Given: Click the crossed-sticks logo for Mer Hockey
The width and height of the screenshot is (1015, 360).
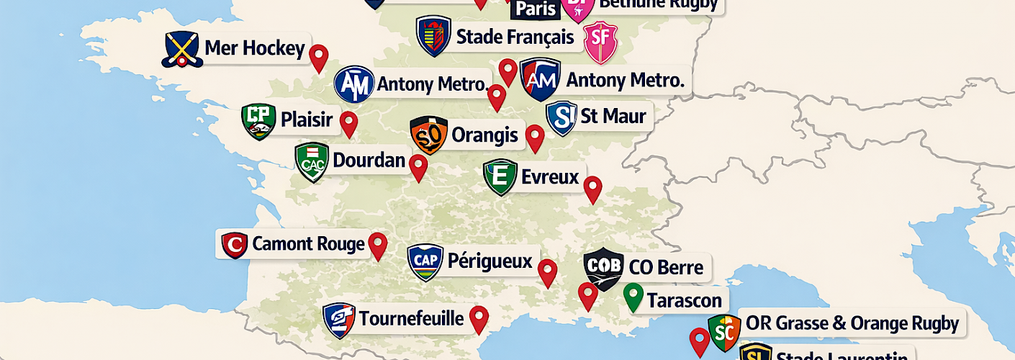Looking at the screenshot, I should coord(181,50).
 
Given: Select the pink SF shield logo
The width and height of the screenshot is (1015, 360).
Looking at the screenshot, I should coord(600,42).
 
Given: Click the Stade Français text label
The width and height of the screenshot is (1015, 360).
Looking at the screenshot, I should coord(515,37).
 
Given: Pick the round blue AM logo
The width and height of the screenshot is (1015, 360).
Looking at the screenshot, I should coord(354,84).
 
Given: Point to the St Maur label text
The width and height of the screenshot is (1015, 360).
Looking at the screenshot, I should coord(613,116).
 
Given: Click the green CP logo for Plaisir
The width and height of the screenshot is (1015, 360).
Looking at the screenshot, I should coord(258,121).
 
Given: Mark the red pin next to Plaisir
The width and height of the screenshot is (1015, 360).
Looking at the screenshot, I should coord(349,123).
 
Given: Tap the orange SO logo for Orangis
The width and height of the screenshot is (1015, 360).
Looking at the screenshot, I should coord(428,135).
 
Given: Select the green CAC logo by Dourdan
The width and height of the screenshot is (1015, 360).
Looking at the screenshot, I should coord(312,162).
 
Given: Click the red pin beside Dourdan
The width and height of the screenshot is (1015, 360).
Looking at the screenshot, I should coord(418,167).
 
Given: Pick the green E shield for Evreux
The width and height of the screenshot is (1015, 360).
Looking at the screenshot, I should coord(500,177).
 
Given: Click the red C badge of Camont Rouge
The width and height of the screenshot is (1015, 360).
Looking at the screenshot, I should coord(234,245).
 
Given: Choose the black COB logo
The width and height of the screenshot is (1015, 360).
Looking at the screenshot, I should coord(603,269).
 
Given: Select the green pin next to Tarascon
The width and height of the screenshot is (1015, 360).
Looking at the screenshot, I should coord(633,296).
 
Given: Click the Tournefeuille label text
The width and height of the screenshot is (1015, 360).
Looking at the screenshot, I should coord(411,318).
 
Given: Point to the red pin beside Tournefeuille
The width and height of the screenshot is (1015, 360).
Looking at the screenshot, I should coord(479,318).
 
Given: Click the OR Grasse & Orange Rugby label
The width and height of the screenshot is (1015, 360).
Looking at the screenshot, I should coord(852,323).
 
